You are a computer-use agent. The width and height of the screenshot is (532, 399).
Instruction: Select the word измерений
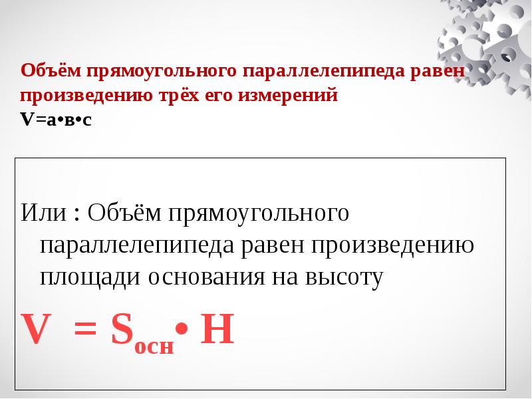pos(293,95)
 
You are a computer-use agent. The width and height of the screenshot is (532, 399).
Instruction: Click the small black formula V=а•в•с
pos(56,120)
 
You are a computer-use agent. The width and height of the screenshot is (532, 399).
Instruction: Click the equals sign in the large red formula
pos(88,331)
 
